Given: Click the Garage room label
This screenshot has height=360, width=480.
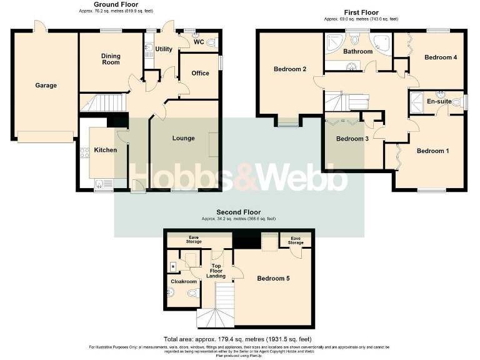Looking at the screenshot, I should [46, 86].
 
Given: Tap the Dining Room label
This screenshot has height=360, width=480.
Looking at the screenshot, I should [111, 59].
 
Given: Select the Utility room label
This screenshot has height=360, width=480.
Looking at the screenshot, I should [164, 49].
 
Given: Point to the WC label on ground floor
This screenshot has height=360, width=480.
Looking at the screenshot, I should [198, 42].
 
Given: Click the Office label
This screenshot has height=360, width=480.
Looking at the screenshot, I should [200, 73].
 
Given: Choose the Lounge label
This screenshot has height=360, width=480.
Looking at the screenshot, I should [183, 138].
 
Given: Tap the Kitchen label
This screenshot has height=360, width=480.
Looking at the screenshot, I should [105, 150].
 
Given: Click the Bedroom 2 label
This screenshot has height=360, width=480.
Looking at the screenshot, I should [290, 69].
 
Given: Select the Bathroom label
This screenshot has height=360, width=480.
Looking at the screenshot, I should [357, 51].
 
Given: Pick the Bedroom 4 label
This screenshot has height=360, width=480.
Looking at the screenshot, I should [441, 57].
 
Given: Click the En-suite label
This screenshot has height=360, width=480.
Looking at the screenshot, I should [439, 101].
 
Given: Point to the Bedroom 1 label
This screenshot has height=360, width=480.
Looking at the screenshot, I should [432, 151].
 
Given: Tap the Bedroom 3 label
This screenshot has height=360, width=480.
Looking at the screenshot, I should [352, 139].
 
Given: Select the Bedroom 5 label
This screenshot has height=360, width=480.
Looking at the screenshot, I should [273, 278].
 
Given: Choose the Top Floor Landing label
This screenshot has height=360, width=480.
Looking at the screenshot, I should [216, 266].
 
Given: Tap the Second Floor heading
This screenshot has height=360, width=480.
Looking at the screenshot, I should [239, 212].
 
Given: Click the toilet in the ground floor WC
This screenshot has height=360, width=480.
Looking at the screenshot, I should [211, 42].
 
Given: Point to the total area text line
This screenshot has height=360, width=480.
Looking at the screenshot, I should [237, 339].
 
